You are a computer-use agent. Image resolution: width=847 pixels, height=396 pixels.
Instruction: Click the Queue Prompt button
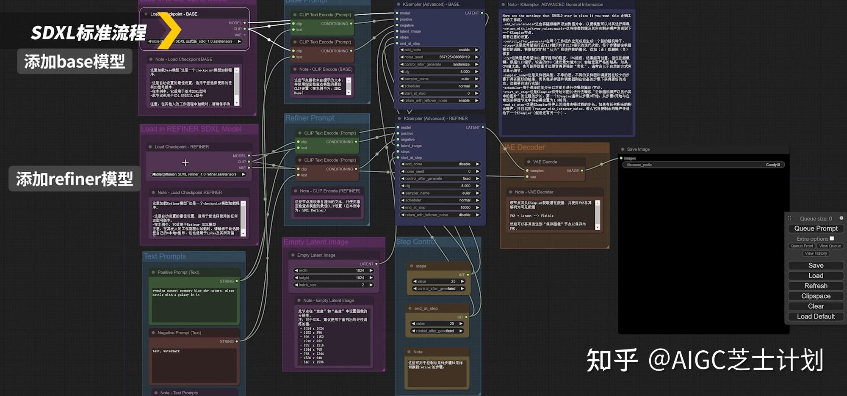(x=816, y=228)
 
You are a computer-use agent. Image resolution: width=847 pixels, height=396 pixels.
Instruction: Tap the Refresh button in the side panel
(x=816, y=286)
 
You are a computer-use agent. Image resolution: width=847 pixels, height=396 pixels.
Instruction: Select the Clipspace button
(x=816, y=296)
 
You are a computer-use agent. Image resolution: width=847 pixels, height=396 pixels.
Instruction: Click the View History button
(x=816, y=253)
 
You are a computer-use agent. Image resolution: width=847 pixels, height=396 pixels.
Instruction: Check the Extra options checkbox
(x=832, y=239)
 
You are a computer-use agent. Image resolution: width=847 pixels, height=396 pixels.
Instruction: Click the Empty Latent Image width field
(x=334, y=270)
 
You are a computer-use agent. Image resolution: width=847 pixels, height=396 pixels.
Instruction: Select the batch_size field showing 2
(x=334, y=285)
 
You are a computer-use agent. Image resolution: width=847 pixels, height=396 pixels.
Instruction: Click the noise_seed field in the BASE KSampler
(x=439, y=57)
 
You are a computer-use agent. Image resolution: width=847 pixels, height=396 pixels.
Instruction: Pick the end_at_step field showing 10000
(x=440, y=208)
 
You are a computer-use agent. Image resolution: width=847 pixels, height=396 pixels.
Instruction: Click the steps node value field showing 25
(x=439, y=281)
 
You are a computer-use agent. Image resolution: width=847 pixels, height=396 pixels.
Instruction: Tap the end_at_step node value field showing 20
(x=437, y=324)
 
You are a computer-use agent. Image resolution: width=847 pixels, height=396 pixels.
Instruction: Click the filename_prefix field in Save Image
(x=703, y=165)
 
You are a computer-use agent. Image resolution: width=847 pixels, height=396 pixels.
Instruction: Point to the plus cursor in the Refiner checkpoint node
(x=185, y=163)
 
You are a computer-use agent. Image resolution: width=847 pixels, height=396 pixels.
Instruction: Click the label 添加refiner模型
(x=75, y=179)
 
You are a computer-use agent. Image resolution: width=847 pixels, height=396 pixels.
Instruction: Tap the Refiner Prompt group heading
(x=310, y=118)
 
